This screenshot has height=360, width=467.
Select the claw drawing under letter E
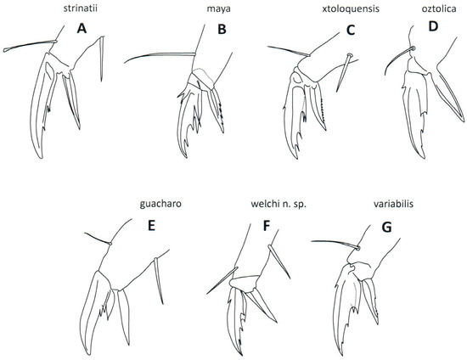coord(115,297)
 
